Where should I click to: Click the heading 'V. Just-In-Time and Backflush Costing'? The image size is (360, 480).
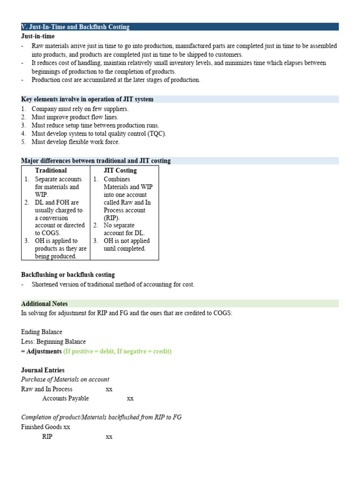[75, 27]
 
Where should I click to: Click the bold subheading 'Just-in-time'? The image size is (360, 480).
[38, 36]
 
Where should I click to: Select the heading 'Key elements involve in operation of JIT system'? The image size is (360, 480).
[87, 99]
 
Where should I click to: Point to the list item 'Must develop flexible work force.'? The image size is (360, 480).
[75, 142]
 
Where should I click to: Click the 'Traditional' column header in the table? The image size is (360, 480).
[51, 171]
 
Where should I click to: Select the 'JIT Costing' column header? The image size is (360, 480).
[120, 171]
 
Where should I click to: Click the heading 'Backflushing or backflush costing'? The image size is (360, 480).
[68, 275]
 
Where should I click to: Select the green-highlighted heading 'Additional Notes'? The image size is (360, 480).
[45, 304]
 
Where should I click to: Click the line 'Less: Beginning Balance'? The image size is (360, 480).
[53, 342]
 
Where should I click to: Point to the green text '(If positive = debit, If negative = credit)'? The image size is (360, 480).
[117, 351]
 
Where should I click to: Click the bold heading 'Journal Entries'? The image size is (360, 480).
[43, 370]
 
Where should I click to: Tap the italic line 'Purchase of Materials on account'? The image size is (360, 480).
[65, 380]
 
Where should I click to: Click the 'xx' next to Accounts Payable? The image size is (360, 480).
[130, 398]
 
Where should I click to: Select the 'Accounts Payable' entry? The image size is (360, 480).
[66, 398]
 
